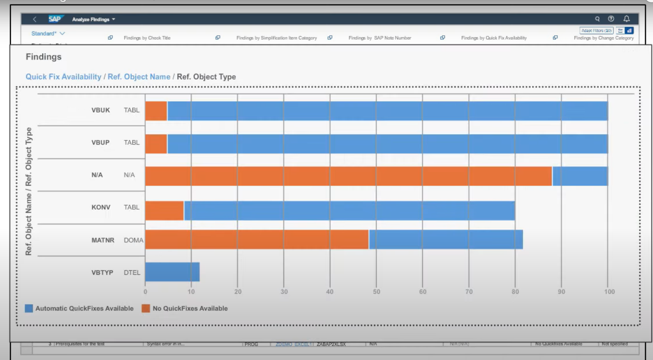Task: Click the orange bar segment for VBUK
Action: pos(156,111)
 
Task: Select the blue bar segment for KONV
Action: pos(349,210)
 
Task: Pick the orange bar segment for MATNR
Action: pos(257,239)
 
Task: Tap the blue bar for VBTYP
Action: pos(172,272)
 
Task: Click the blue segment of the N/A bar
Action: pos(580,176)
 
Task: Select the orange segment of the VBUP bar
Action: pos(156,144)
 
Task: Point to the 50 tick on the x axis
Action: pos(376,292)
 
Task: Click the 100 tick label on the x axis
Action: pos(609,292)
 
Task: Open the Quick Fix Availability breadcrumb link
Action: pos(63,77)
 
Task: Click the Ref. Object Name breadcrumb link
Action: pos(139,77)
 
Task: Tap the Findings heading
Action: pos(44,57)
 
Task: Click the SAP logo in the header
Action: pos(55,19)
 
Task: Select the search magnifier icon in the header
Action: pos(597,19)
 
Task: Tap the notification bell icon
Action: pos(627,19)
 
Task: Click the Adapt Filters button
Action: pos(596,30)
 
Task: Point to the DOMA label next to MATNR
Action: pos(133,240)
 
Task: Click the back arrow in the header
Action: pos(35,19)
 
